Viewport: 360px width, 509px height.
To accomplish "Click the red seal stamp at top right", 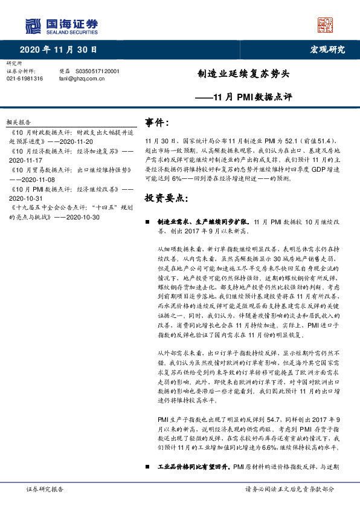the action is tap(326, 25).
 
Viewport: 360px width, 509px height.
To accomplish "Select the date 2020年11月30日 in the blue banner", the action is tap(58, 50).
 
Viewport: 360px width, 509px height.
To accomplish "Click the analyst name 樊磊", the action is tap(64, 71).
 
